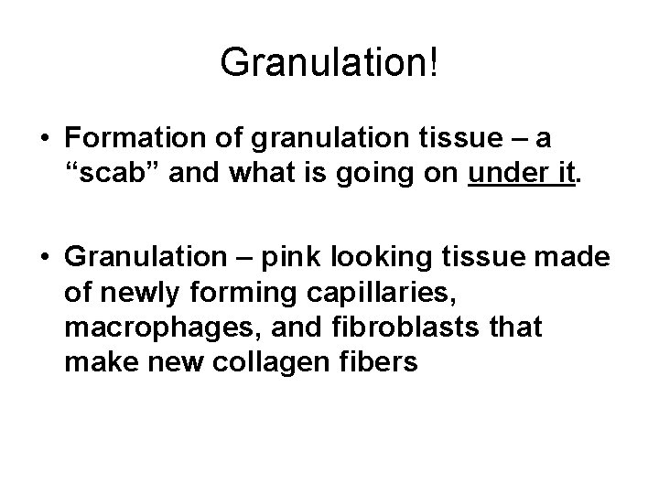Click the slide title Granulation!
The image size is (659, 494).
tap(329, 62)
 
